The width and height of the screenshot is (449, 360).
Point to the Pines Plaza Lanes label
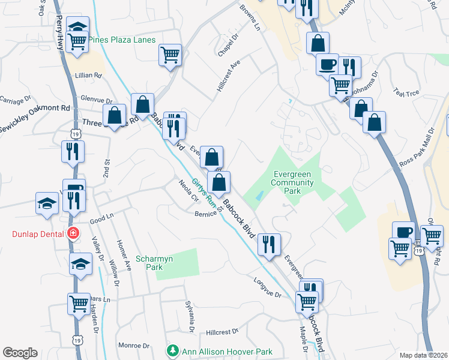coord(122,40)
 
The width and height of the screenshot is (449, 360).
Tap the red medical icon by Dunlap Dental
coord(73,233)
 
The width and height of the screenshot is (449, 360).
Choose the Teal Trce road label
coord(406,92)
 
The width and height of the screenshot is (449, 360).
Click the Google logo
coord(20,353)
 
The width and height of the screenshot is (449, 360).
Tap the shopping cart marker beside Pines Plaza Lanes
coord(77,43)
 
